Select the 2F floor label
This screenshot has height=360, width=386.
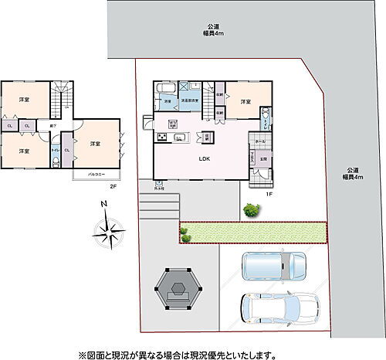click(113, 186)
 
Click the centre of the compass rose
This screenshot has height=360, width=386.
click(108, 229)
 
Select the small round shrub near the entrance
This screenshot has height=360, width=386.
click(250, 209)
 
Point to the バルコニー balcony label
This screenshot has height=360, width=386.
click(96, 175)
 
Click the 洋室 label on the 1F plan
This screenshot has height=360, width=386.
click(245, 101)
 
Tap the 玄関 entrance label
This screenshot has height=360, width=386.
click(263, 159)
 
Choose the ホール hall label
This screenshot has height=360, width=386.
click(259, 142)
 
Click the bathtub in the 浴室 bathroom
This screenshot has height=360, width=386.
click(168, 97)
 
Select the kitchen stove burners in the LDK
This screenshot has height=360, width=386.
click(164, 138)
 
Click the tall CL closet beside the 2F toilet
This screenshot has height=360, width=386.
click(67, 148)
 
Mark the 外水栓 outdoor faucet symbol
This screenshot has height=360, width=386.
click(158, 184)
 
